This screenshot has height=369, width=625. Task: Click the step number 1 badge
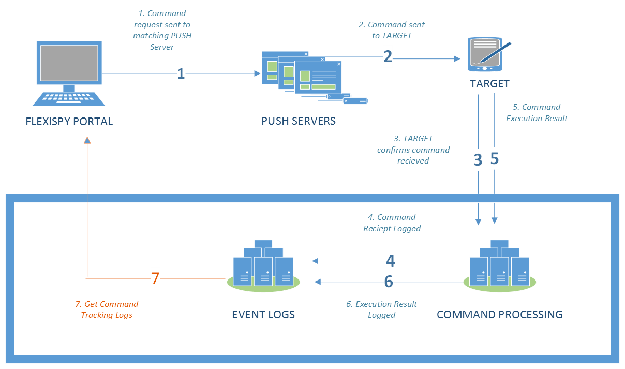point(181,73)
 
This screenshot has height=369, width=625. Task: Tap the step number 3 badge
point(478,159)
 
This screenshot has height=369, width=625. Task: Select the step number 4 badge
point(391,260)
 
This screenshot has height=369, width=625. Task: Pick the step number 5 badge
point(494,158)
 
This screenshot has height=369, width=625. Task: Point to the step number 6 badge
point(389,281)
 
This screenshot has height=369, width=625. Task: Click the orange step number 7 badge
point(155,278)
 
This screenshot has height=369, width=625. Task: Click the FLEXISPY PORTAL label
point(69,122)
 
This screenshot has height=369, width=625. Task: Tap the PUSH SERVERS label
point(299,121)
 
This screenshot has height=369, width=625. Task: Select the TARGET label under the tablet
point(489,84)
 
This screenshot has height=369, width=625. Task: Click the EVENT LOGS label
point(263,314)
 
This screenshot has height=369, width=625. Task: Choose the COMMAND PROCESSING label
point(499,314)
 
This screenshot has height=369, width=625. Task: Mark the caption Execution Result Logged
point(382,309)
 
